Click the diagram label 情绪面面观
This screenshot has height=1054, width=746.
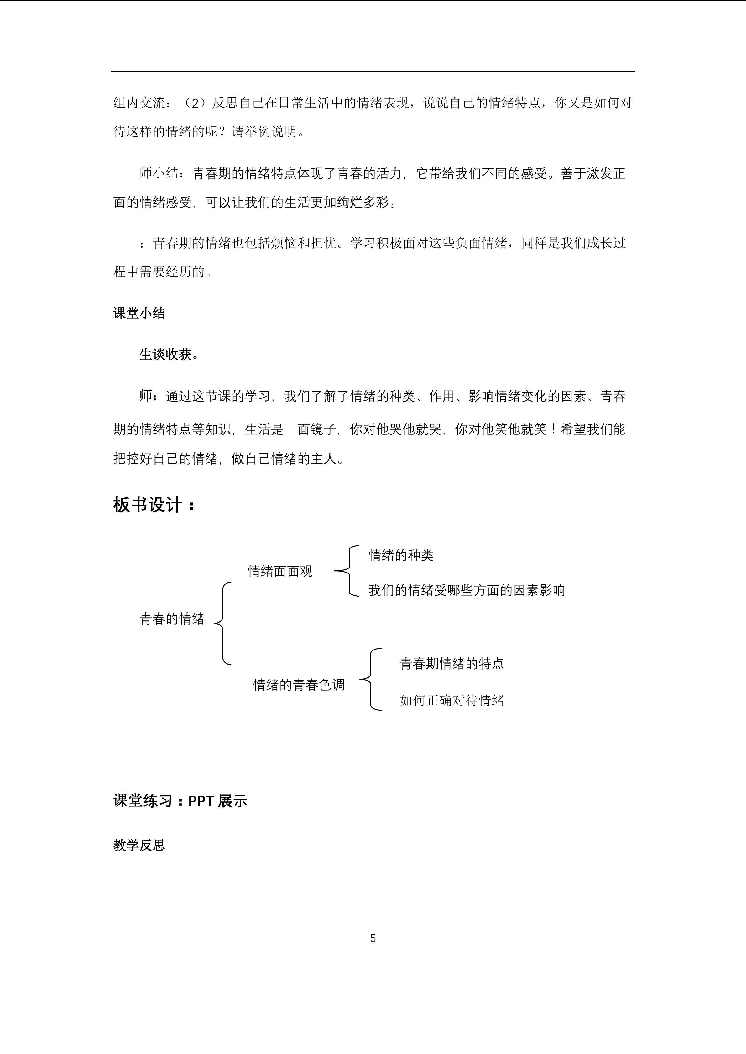pos(280,572)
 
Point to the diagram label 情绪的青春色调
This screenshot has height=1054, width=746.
pos(299,685)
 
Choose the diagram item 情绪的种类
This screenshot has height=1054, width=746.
pos(400,555)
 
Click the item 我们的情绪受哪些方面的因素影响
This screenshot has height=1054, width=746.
pos(466,590)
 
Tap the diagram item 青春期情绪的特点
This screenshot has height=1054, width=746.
pos(451,663)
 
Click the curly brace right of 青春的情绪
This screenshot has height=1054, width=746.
pos(223,623)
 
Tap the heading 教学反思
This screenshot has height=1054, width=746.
pos(139,845)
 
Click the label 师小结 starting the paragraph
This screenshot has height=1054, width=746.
pos(159,173)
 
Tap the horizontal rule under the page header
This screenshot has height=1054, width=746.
pos(373,71)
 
